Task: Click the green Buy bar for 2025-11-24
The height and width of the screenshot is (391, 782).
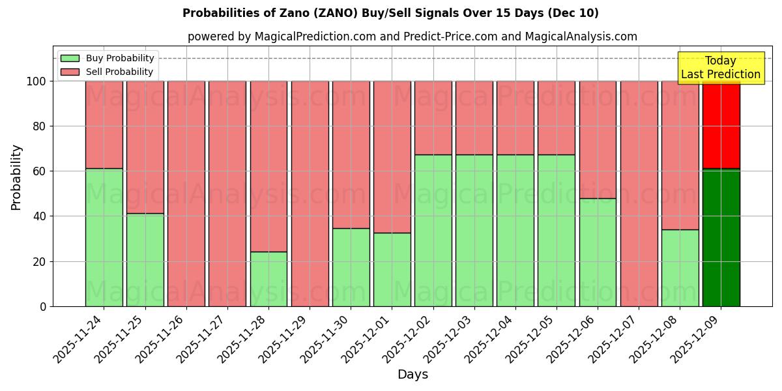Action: [x=104, y=237]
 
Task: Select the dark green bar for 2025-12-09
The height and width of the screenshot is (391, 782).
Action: [x=721, y=237]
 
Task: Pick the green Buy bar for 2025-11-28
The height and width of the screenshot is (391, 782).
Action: [x=268, y=279]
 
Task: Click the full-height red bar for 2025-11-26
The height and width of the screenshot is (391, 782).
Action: [x=186, y=194]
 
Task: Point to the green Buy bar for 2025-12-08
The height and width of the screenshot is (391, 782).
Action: [x=680, y=268]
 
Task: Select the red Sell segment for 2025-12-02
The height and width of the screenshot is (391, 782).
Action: [x=433, y=118]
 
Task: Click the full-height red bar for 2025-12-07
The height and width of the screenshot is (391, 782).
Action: [x=639, y=194]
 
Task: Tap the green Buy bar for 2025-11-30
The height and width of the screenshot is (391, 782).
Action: [x=351, y=267]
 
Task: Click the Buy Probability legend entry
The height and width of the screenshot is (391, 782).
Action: [x=108, y=58]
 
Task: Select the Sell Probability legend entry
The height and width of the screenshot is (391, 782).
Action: [x=108, y=72]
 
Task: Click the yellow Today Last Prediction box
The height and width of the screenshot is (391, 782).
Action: [x=721, y=68]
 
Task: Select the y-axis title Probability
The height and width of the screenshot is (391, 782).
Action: [x=16, y=177]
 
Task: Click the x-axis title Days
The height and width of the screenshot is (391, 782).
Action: [x=413, y=375]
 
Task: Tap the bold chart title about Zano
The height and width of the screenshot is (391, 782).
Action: [x=390, y=13]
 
